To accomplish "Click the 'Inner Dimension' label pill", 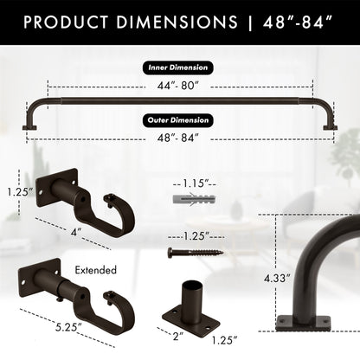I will (x=179, y=67).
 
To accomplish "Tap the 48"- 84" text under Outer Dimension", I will (x=179, y=138).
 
